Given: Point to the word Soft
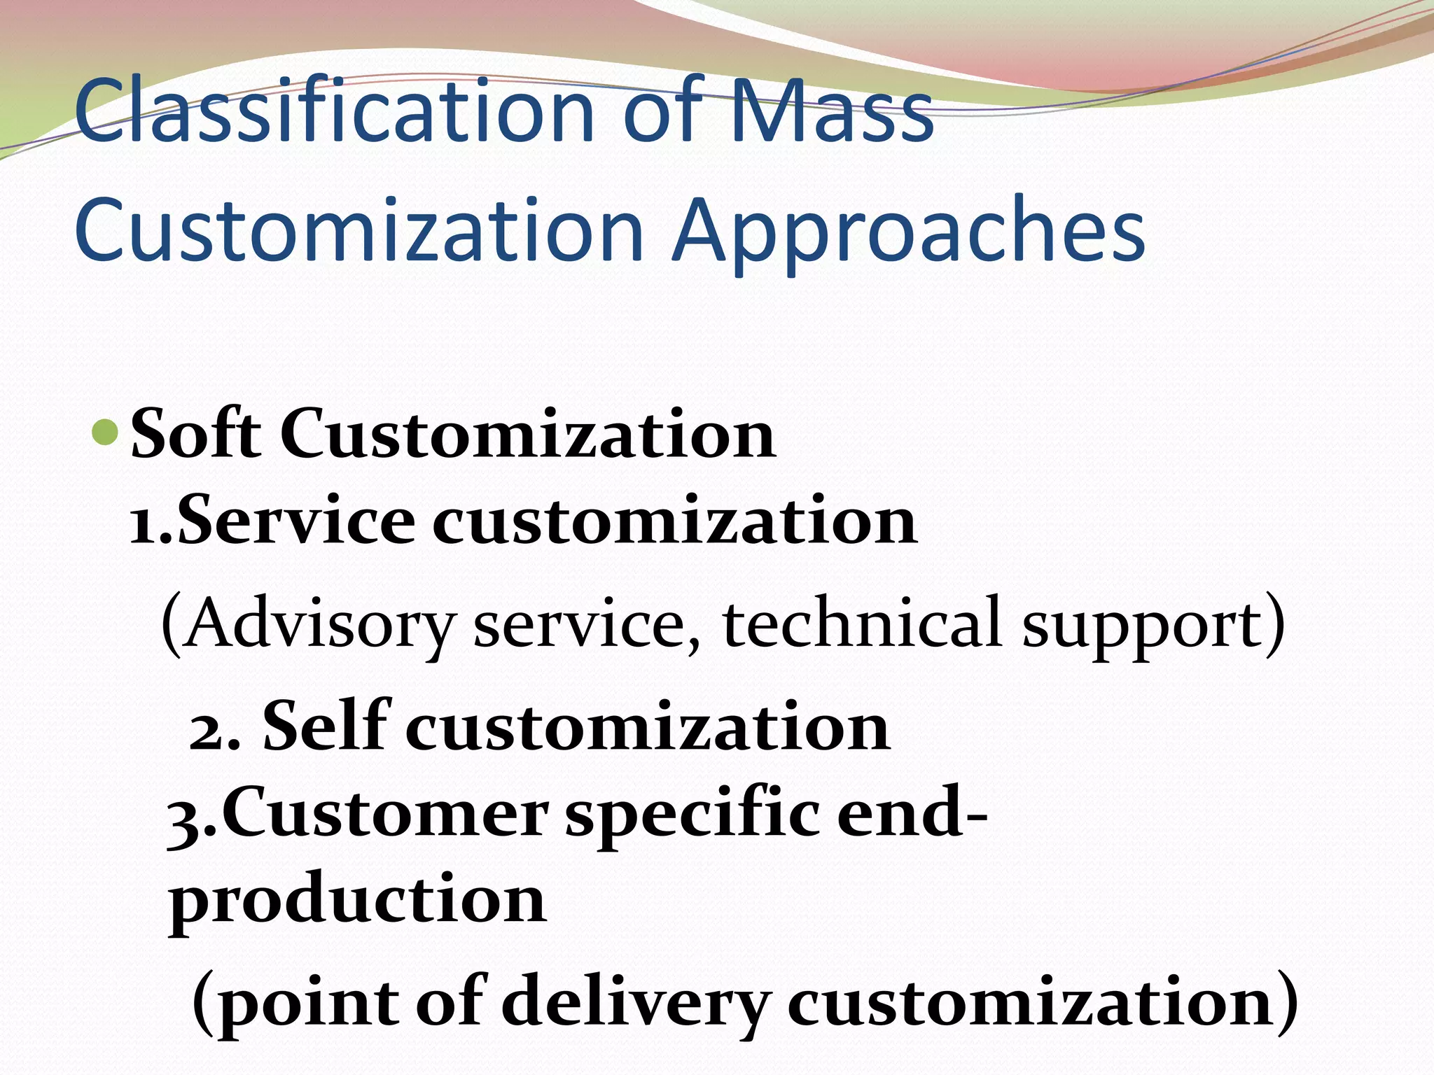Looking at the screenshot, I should click(196, 434).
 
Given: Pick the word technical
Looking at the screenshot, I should click(862, 623).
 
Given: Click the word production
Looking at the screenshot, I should click(357, 903).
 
